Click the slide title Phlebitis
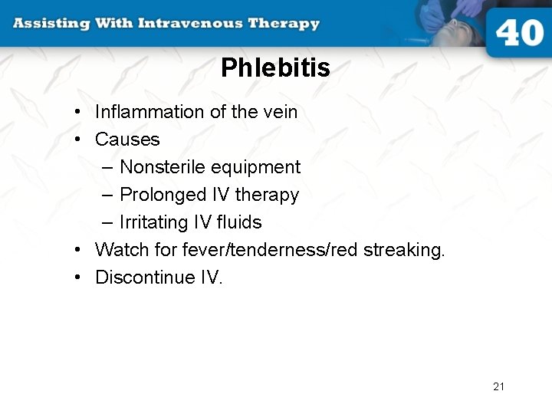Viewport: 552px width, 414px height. click(x=275, y=68)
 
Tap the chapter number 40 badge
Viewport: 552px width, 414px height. click(x=518, y=34)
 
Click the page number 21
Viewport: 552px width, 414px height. click(x=498, y=386)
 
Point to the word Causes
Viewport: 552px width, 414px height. click(x=127, y=140)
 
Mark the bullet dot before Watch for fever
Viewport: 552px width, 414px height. click(x=79, y=250)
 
